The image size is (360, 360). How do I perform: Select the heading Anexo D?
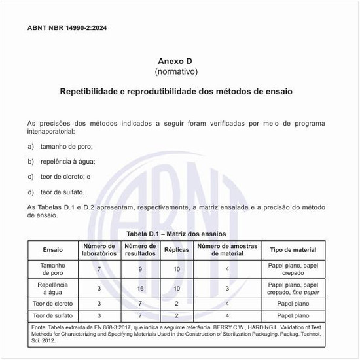point(175,60)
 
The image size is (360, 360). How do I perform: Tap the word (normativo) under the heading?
point(175,71)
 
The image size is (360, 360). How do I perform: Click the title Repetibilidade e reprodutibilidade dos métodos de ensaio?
point(175,92)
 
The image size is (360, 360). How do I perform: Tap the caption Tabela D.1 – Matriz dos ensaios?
point(175,234)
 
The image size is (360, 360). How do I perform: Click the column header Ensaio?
point(53,250)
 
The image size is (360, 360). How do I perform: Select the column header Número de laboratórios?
point(99,250)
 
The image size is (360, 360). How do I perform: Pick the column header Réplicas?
point(176,250)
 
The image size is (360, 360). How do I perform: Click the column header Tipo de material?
point(293,250)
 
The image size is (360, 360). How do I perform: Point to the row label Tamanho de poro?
point(53,269)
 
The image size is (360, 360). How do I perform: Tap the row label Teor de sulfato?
point(53,315)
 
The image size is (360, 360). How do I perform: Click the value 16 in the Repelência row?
point(140,288)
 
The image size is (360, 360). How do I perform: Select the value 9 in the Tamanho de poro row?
point(140,269)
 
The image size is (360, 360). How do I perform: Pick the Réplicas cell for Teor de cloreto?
point(176,304)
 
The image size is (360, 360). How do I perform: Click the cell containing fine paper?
point(293,288)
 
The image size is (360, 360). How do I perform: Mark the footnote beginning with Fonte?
point(175,334)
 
